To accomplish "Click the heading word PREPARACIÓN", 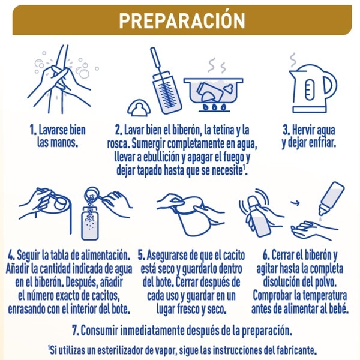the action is [x=182, y=20].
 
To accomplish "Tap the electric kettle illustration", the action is [x=313, y=88].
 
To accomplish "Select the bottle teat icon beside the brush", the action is [x=139, y=107].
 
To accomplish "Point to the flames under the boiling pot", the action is [x=214, y=107].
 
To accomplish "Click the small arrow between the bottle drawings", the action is [x=296, y=203].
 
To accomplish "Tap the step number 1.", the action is [x=33, y=130].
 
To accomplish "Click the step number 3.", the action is [x=286, y=130].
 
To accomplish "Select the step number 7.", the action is [x=76, y=331].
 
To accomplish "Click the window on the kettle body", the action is [x=309, y=90].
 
